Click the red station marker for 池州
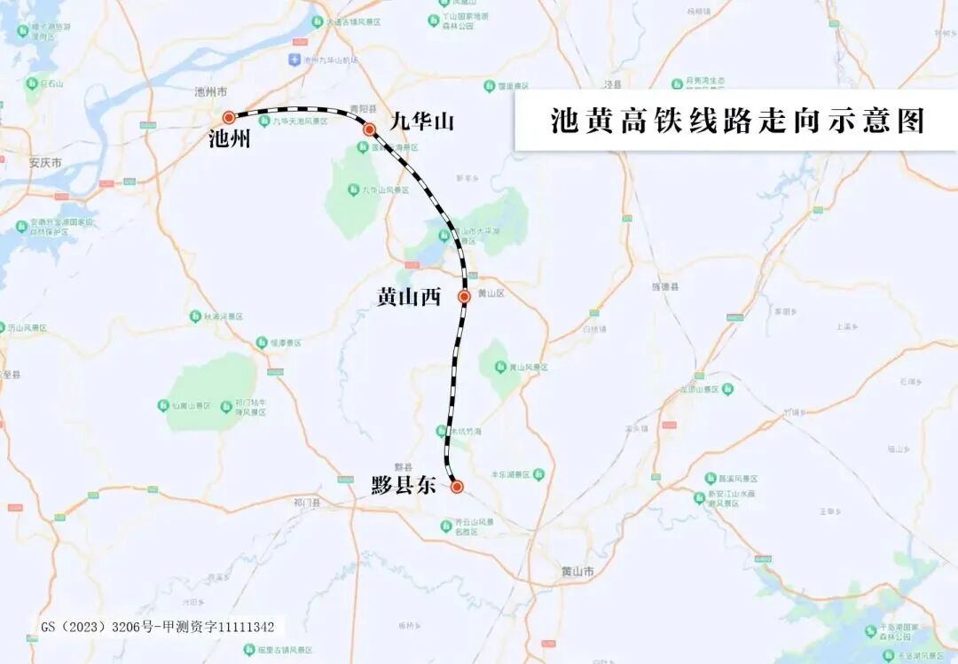229,117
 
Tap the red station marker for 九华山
369,129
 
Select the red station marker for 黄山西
464,296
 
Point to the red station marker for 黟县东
457,486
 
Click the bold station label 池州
229,139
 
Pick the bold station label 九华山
421,121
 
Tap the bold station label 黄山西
409,298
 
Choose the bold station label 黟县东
404,486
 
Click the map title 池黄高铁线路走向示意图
736,121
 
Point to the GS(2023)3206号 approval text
158,627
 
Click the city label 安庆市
44,163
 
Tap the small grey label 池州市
211,92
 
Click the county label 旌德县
664,287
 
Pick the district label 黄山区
491,293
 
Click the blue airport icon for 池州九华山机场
294,59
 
